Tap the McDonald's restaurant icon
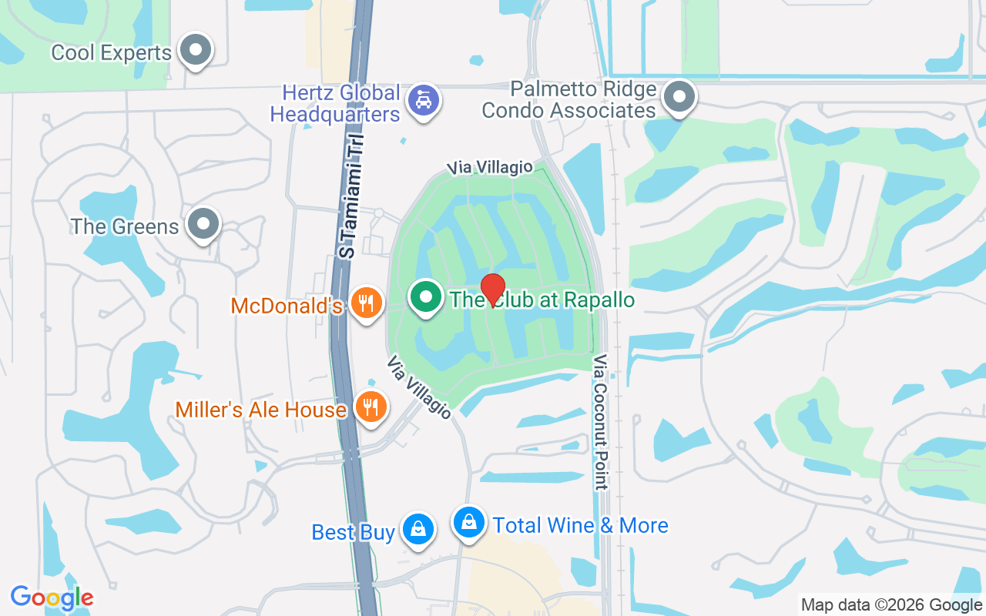[367, 303]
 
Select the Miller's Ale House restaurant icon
[371, 406]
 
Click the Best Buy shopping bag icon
[418, 529]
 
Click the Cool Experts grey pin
[195, 50]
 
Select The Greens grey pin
[203, 224]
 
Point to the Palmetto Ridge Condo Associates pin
[679, 98]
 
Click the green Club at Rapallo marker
[425, 297]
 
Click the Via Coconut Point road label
[601, 422]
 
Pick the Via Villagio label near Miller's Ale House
[419, 387]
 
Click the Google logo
[52, 597]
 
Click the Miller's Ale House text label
[260, 410]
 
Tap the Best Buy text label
[354, 532]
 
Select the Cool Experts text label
[111, 53]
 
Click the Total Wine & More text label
[580, 526]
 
